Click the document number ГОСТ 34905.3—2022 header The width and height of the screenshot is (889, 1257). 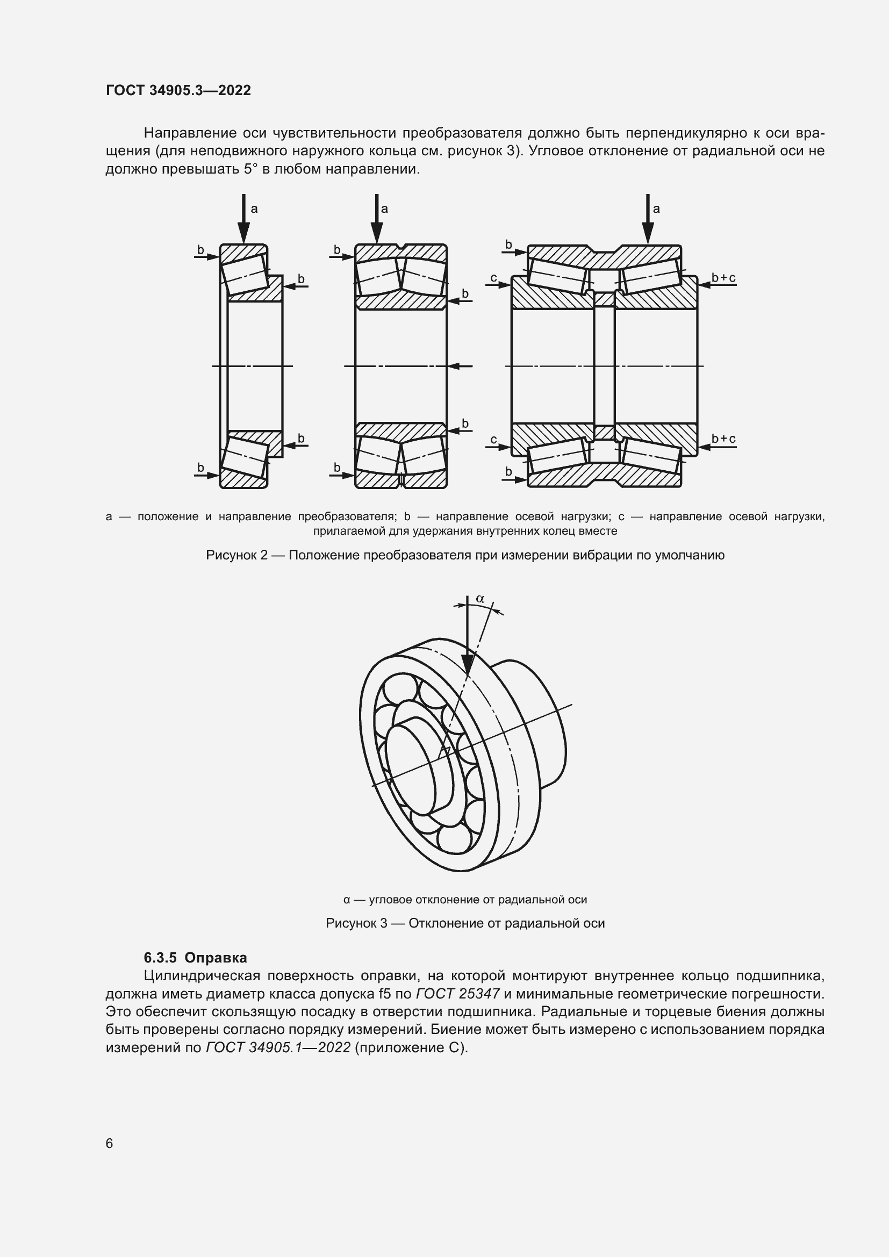178,90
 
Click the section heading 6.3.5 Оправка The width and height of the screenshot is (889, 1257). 195,958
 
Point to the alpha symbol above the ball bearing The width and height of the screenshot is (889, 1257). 480,599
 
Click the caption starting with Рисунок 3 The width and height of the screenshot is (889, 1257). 465,923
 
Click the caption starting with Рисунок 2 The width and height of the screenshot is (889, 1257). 465,555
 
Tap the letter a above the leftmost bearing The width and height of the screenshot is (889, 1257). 254,209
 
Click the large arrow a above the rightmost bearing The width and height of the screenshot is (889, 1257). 648,219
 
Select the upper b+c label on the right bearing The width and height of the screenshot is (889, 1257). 723,278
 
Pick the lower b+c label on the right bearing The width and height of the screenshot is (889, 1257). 723,439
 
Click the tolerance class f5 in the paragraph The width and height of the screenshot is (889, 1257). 384,994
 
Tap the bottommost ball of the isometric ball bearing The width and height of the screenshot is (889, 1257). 454,839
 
